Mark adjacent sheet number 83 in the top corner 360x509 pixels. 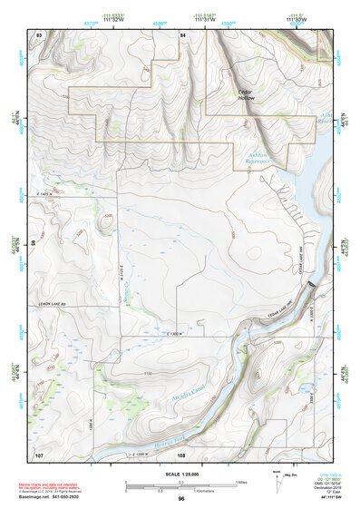tap(38, 34)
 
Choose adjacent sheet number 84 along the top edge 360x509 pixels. tap(182, 34)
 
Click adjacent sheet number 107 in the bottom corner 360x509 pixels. tap(38, 453)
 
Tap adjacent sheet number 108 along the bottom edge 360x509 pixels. tap(181, 454)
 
